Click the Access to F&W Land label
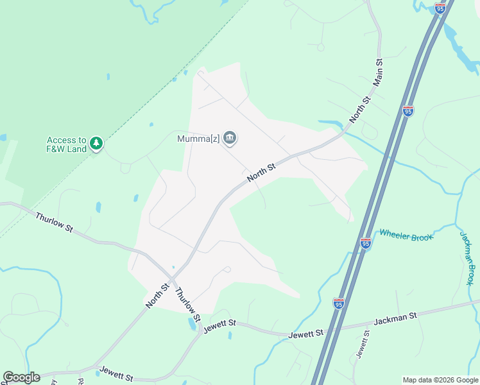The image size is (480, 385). click(x=66, y=144)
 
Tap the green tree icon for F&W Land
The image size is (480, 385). click(x=96, y=142)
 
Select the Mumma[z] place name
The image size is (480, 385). click(x=199, y=138)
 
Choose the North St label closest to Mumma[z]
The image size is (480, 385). click(x=261, y=171)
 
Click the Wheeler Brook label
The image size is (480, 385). click(x=406, y=234)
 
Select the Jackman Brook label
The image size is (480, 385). click(x=469, y=257)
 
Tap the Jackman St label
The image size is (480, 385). click(x=395, y=316)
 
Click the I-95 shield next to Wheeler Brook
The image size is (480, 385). click(x=366, y=243)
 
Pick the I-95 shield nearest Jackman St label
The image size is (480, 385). click(x=339, y=303)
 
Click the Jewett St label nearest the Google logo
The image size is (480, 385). click(x=116, y=373)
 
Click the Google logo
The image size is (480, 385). click(x=21, y=377)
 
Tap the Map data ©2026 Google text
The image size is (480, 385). click(x=440, y=380)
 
